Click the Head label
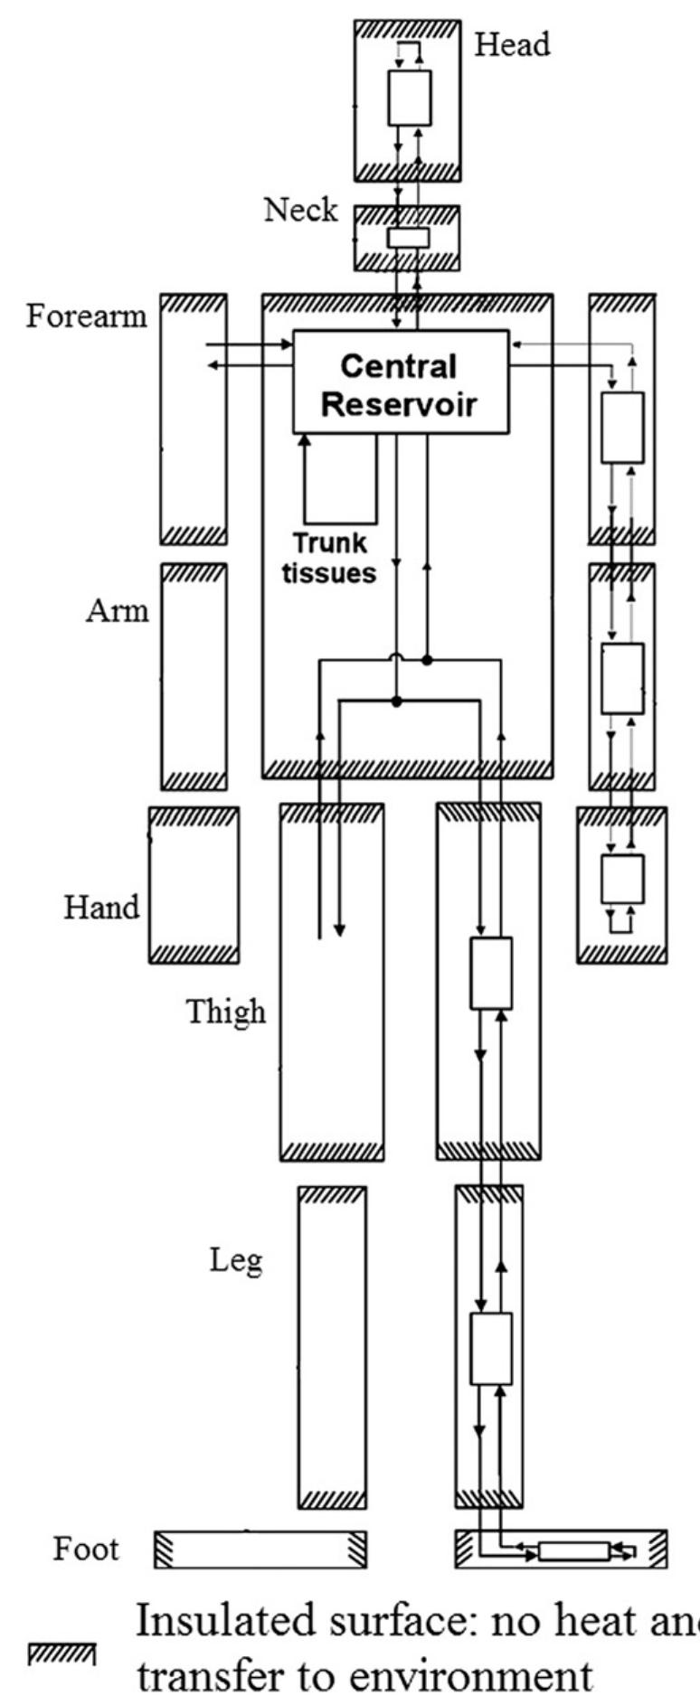coord(513,44)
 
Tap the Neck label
coord(300,210)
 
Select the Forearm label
coord(86,316)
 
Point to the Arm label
coord(117,611)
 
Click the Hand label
coord(101,907)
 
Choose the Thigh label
coord(226,1012)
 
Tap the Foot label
coord(86,1549)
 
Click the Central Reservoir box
coord(401,382)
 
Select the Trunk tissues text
coord(329,558)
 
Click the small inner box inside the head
coord(410,98)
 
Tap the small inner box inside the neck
coord(408,238)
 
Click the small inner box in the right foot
coord(573,1551)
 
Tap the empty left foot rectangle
coord(260,1550)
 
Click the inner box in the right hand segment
coord(623,879)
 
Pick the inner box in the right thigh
coord(491,974)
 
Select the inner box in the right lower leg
coord(491,1348)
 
